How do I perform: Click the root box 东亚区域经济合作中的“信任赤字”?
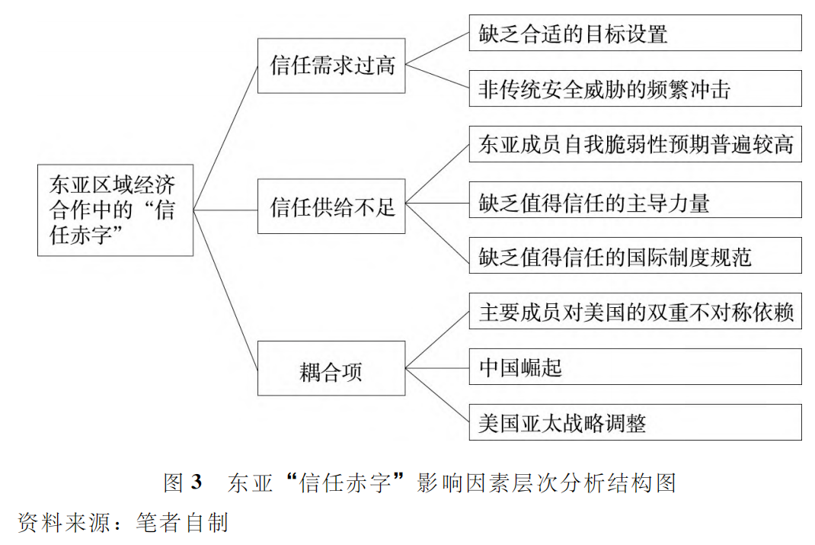tap(115, 210)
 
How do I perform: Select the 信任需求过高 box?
tap(331, 66)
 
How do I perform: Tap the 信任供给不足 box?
tap(331, 206)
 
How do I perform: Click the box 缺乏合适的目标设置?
tap(634, 33)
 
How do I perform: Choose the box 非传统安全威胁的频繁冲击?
tap(634, 88)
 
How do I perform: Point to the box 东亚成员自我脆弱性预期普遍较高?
tap(634, 144)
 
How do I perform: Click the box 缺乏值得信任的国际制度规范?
tap(634, 255)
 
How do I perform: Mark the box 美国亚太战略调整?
tap(634, 422)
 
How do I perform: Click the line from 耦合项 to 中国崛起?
tap(437, 367)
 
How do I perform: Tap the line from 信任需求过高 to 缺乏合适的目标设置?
tap(437, 50)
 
